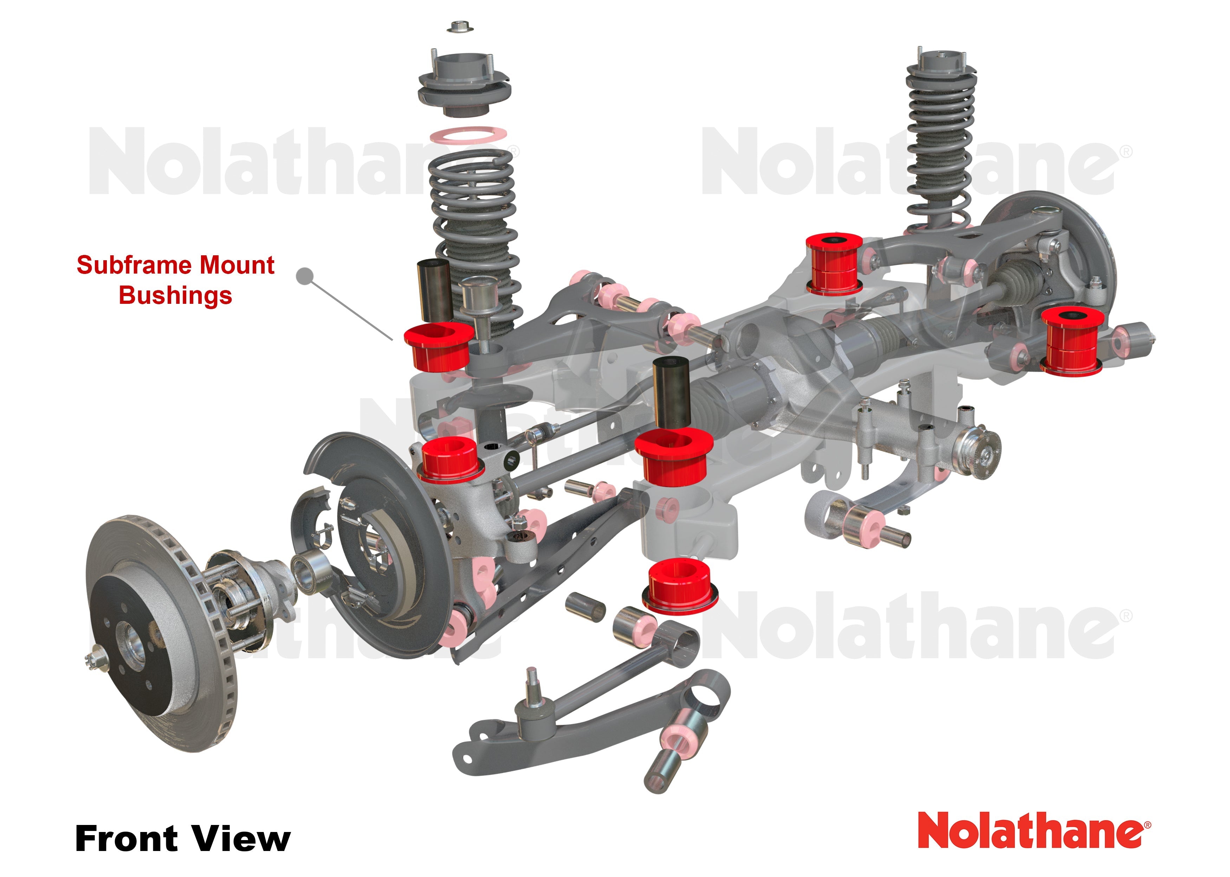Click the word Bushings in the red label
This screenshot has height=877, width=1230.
point(175,295)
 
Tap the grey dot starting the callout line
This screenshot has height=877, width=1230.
point(305,276)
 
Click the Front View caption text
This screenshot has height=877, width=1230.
point(182,838)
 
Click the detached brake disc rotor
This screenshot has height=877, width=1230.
point(156,632)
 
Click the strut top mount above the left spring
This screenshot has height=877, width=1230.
point(464,87)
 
